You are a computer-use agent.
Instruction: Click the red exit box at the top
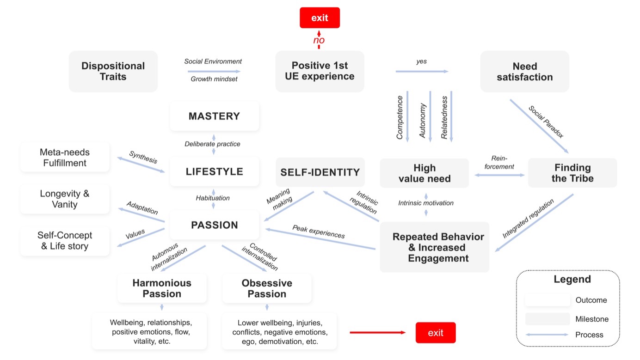pos(320,18)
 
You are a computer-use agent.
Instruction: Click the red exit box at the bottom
pos(435,333)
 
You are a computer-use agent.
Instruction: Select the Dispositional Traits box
pos(113,71)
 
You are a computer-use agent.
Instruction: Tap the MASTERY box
pos(214,116)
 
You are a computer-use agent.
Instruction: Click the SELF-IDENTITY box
pos(320,172)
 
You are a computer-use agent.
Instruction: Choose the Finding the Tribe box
pos(572,173)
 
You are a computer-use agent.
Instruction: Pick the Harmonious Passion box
pos(161,288)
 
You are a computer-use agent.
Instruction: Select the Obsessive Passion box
pos(267,288)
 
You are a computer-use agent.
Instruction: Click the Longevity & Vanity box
pos(65,199)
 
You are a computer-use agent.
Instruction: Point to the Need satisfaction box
pos(524,72)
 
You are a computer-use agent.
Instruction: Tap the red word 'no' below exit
pos(319,40)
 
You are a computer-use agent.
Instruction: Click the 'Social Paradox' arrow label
pos(546,122)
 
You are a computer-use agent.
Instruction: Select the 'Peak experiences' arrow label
pos(318,232)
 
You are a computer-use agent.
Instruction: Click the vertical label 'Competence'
pos(400,117)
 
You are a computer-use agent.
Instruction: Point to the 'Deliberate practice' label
pos(212,144)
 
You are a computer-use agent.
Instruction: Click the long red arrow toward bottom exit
pos(377,333)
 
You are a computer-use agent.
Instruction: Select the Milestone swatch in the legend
pos(548,319)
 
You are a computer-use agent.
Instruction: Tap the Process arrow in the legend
pos(548,335)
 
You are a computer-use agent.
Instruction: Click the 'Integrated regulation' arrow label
pos(529,219)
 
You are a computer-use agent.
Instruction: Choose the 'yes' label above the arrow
pos(421,61)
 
